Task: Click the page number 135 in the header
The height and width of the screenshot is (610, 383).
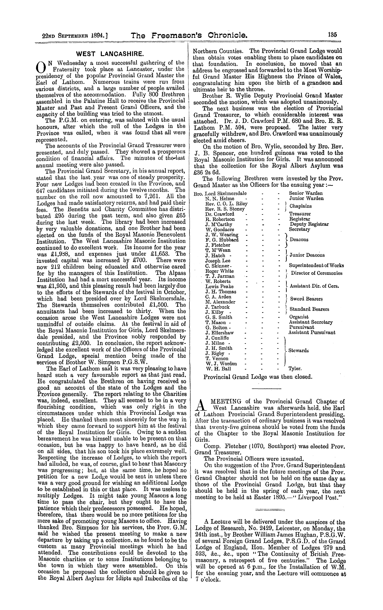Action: coord(332,35)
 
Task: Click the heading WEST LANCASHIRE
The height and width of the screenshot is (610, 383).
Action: coord(110,54)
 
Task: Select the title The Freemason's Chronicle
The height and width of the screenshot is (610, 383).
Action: coord(189,35)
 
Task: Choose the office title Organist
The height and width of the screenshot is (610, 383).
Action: coord(299,317)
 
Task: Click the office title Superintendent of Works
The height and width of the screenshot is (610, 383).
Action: coord(316,265)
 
